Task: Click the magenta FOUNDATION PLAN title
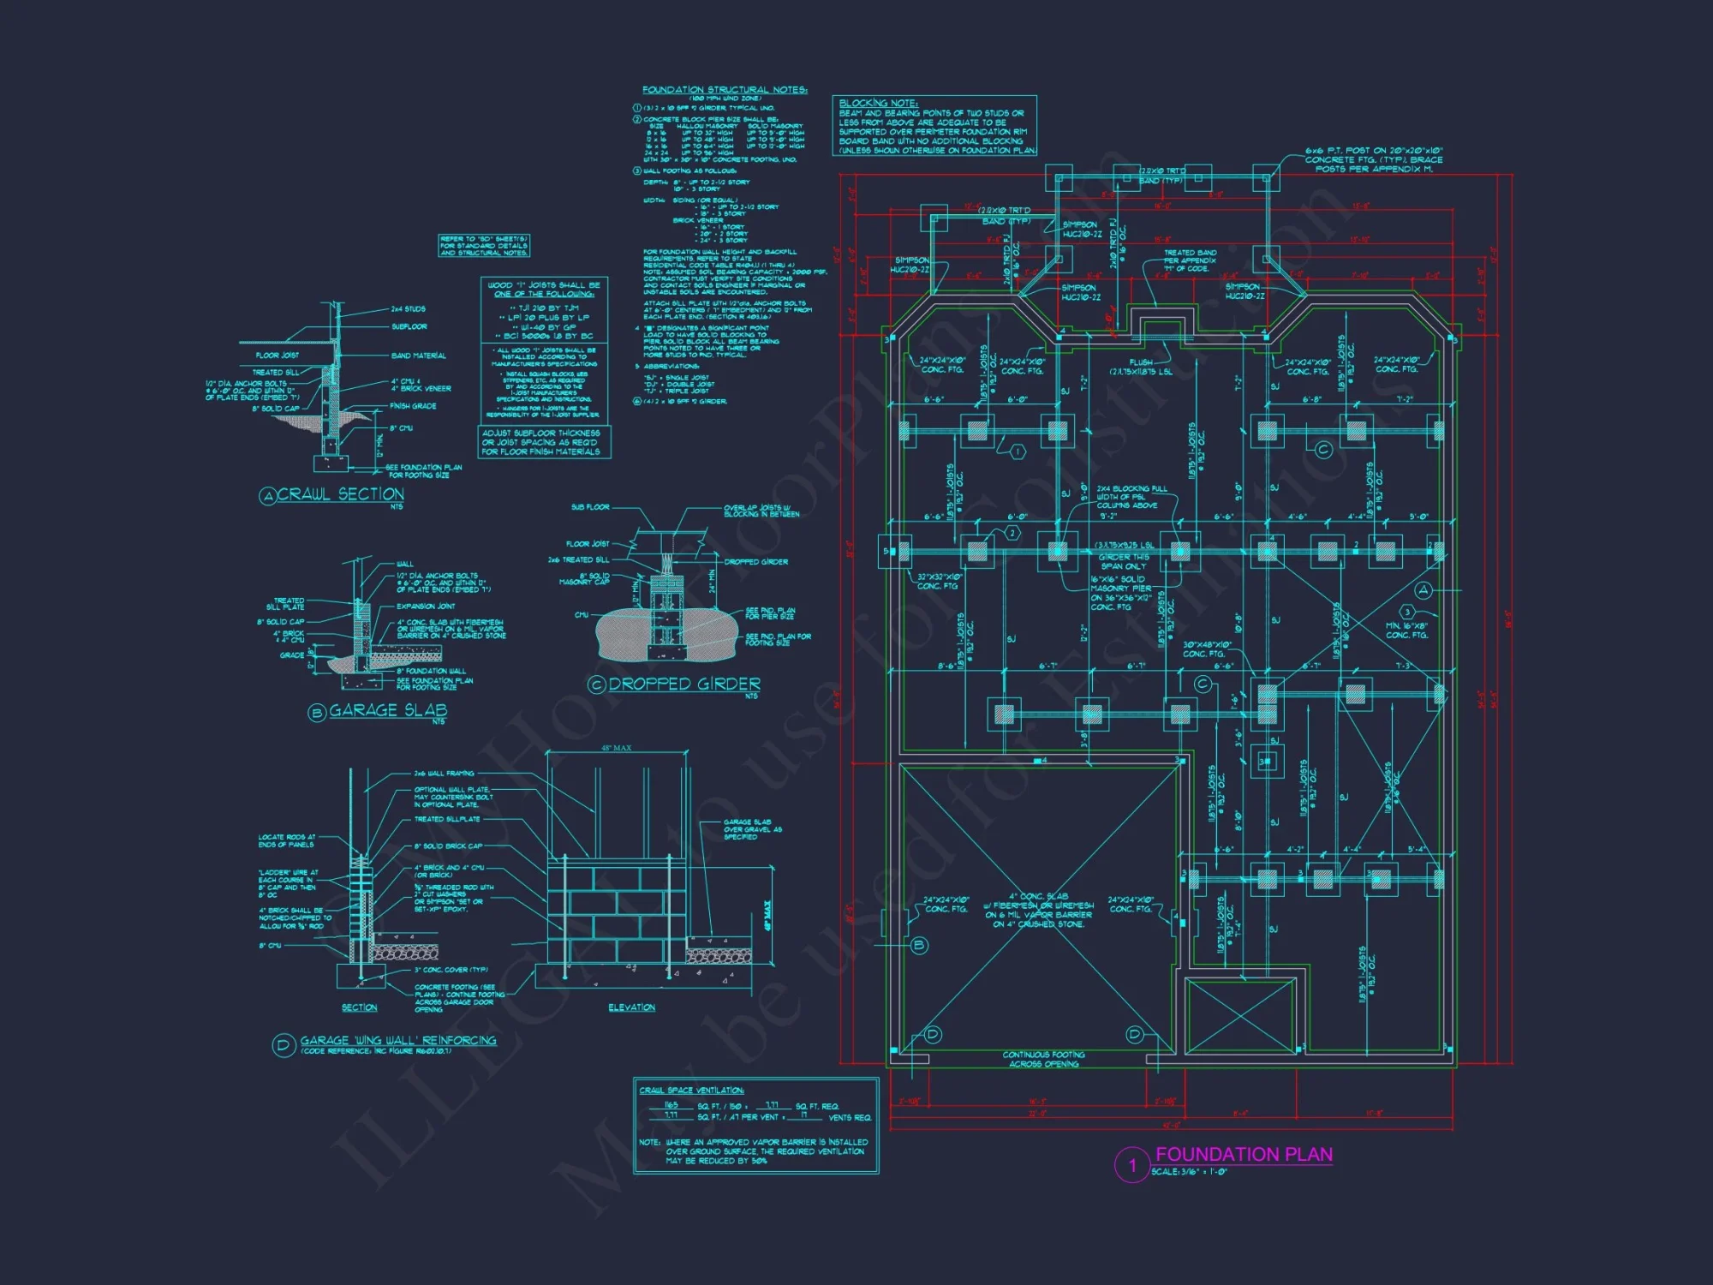[x=1244, y=1155]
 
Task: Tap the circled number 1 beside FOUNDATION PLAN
[x=1131, y=1165]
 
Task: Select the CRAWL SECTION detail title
[x=340, y=494]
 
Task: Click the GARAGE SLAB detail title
[x=388, y=710]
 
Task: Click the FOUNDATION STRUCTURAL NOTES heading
[x=725, y=89]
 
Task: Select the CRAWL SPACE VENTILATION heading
[x=692, y=1091]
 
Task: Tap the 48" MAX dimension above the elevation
[x=616, y=749]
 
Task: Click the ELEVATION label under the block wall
[x=631, y=1007]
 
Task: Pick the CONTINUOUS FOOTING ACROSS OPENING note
[x=1043, y=1059]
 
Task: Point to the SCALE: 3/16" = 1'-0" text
[x=1189, y=1172]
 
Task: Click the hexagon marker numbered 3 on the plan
[x=1406, y=612]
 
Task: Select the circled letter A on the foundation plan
[x=1424, y=590]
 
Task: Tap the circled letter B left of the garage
[x=919, y=946]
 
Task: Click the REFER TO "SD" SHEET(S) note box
[x=484, y=246]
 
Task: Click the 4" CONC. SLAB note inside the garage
[x=1038, y=910]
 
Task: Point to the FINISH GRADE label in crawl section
[x=413, y=406]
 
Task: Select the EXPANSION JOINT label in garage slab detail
[x=426, y=606]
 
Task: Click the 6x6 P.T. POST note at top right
[x=1373, y=159]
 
